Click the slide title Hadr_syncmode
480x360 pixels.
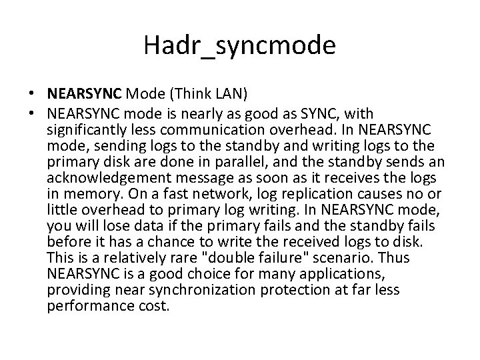click(239, 45)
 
